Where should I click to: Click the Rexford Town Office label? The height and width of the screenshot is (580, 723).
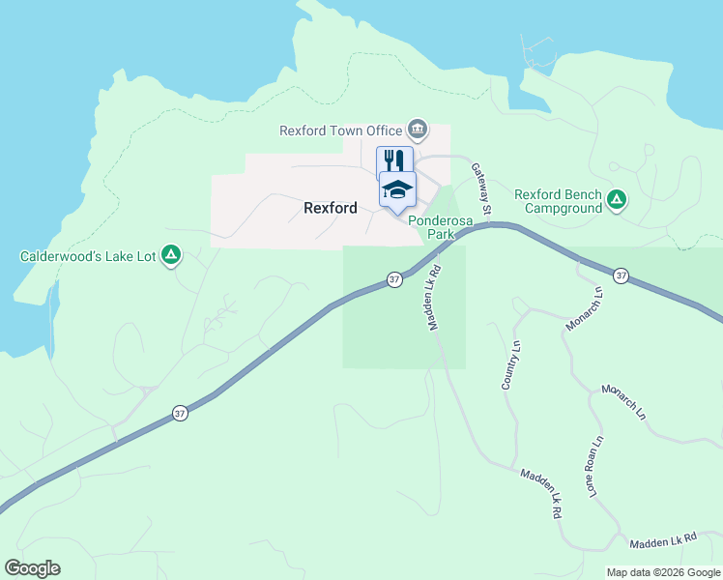tap(341, 130)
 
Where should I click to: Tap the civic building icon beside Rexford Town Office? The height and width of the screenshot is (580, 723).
tap(418, 129)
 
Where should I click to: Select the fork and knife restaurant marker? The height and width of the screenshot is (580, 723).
tap(394, 159)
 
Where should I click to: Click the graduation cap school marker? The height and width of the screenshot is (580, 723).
tap(397, 188)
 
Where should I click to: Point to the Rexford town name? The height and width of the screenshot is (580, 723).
tap(330, 208)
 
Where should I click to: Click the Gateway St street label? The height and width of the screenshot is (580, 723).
tap(480, 188)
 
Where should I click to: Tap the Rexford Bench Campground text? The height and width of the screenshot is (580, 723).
tap(558, 201)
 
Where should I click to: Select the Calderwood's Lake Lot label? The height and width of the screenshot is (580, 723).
tap(87, 256)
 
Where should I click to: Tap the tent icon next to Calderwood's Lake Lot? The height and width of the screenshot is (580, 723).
tap(170, 255)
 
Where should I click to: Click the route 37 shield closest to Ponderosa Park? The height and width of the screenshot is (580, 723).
tap(394, 279)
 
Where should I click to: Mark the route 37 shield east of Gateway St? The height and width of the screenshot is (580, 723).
tap(621, 275)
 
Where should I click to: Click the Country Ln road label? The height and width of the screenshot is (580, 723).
tap(510, 365)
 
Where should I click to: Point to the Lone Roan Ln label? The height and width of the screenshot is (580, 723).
tap(594, 467)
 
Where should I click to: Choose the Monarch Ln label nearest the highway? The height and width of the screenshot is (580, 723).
tap(584, 307)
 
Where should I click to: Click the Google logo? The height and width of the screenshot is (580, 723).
tap(32, 568)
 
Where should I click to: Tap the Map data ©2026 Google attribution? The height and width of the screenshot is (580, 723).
tap(662, 572)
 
